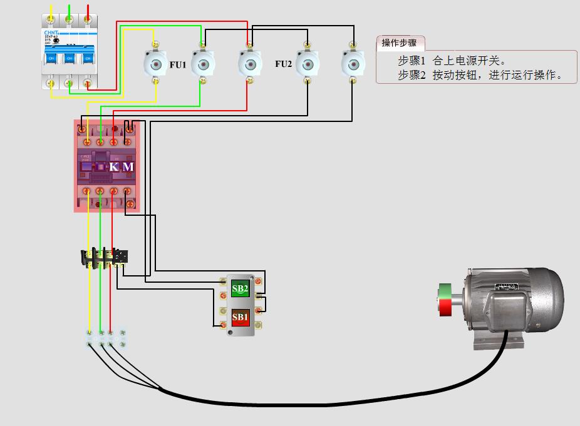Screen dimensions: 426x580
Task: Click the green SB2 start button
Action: tap(240, 289)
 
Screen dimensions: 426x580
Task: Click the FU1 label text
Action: tap(178, 64)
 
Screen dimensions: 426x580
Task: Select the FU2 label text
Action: tap(283, 64)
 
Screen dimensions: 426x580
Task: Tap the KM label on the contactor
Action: tap(122, 166)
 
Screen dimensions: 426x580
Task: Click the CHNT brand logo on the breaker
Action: tap(51, 32)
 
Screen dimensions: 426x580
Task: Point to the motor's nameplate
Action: tap(507, 287)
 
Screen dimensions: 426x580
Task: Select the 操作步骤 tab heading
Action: tap(399, 43)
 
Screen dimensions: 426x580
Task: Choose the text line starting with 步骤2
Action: tap(480, 75)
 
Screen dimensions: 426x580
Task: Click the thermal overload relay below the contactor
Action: tap(105, 257)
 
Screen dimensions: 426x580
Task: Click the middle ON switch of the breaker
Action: tap(69, 58)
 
